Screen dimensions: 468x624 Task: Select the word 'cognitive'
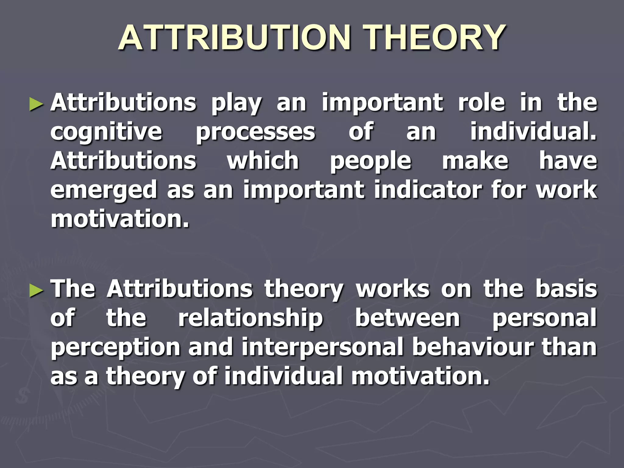pyautogui.click(x=106, y=133)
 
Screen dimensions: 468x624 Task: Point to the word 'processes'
pyautogui.click(x=255, y=133)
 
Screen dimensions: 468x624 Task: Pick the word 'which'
pyautogui.click(x=263, y=161)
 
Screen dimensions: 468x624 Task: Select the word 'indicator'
pyautogui.click(x=428, y=190)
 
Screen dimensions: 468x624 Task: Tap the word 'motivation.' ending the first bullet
pyautogui.click(x=120, y=219)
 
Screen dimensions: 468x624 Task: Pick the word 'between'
pyautogui.click(x=408, y=318)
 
